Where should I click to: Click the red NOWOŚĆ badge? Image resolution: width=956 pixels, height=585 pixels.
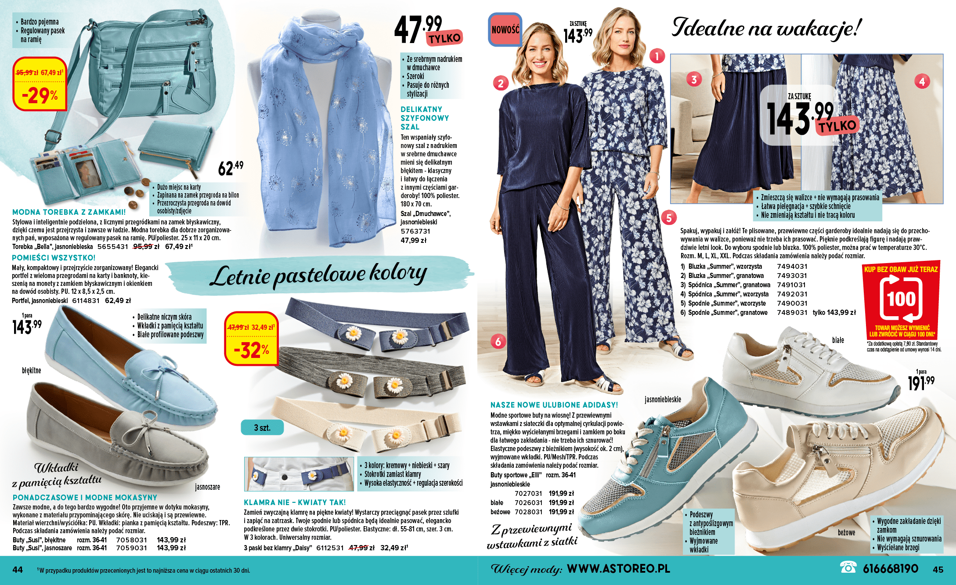point(505,29)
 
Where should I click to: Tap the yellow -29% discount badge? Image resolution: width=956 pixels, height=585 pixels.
point(40,84)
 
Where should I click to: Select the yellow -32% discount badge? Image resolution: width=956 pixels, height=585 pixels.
point(251,339)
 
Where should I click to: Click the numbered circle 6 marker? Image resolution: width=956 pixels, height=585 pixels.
point(498,341)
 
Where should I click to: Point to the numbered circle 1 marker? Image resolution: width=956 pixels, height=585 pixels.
point(657,56)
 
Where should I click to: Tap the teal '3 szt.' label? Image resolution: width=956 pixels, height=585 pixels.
point(262,427)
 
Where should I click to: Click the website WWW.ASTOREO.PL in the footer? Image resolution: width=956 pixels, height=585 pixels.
point(618,569)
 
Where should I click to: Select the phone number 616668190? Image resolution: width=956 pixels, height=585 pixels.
point(890,569)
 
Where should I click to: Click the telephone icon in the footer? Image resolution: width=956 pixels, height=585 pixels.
point(848,567)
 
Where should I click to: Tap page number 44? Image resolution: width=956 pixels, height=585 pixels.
point(18,570)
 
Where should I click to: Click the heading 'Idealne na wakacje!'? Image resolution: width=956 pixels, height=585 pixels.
point(766,29)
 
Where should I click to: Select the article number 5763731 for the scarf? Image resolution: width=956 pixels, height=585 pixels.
point(415,231)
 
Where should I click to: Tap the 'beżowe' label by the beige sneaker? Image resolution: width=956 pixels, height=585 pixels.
point(846,532)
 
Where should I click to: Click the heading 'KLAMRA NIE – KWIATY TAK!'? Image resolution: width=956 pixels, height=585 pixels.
point(295,502)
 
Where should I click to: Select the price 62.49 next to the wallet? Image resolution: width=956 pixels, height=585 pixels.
point(231,168)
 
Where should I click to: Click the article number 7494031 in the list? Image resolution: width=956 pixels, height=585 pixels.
point(792,266)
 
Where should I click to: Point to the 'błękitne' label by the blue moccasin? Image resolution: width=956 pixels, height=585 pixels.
point(32,371)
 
